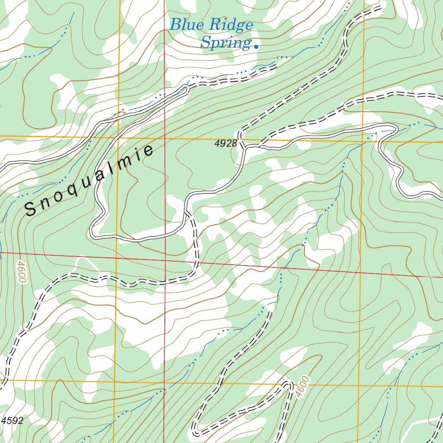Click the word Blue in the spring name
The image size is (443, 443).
186,25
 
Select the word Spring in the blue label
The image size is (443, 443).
225,43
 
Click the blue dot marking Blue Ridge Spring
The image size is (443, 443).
256,46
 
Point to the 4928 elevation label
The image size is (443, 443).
226,144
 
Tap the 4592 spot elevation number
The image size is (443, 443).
12,421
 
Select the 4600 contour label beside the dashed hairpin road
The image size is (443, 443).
302,386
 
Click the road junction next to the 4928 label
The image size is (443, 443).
245,147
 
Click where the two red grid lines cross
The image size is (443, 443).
164,261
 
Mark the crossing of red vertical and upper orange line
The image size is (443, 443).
164,138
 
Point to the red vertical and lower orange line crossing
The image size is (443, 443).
164,382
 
